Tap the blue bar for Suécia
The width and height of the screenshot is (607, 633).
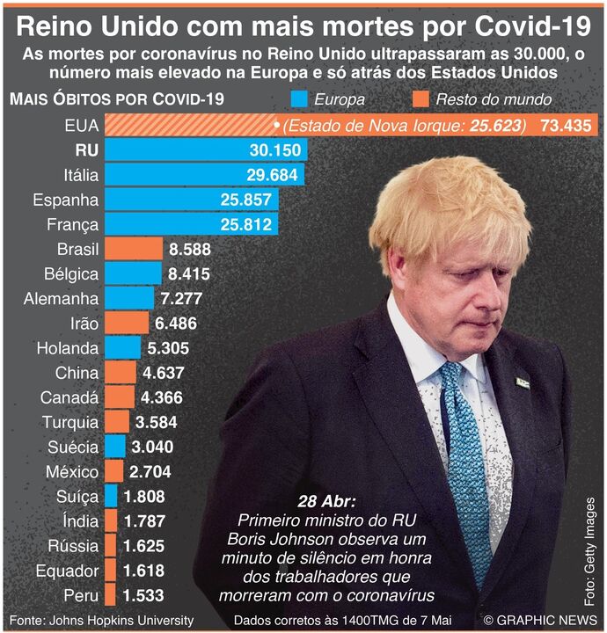click(x=115, y=447)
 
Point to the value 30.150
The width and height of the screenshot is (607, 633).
click(x=274, y=149)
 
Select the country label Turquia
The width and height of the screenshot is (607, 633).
click(x=69, y=422)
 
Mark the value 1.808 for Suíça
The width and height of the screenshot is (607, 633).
click(x=144, y=497)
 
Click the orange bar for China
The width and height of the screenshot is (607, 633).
click(x=121, y=373)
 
